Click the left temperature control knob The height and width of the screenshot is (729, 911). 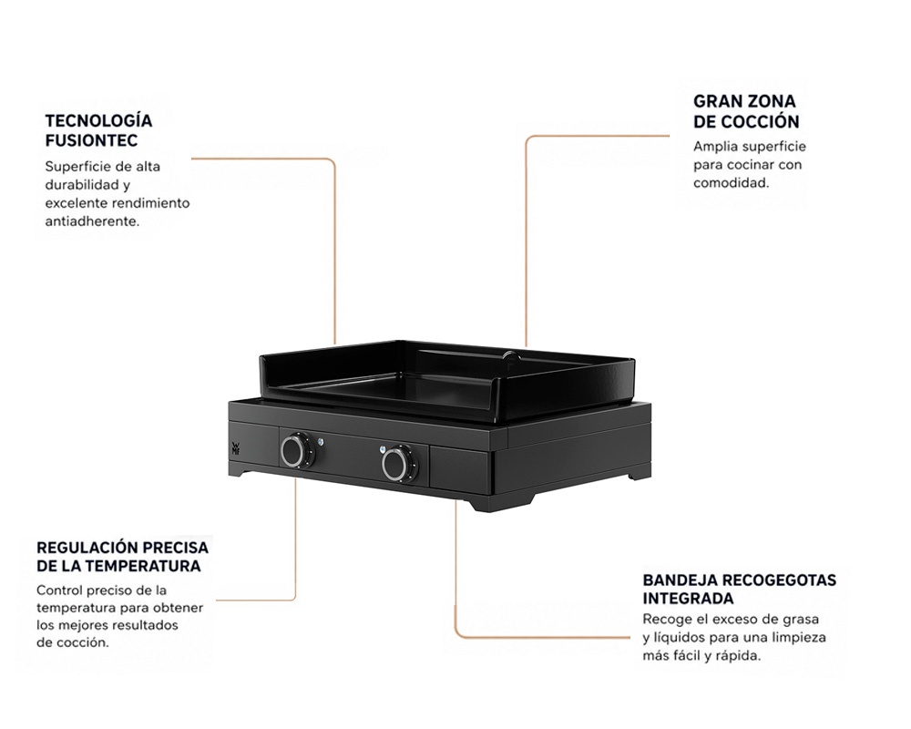[298, 449]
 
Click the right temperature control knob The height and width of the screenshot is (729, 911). [400, 463]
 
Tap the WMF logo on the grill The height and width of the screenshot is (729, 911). [235, 447]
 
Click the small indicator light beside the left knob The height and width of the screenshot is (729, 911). [321, 442]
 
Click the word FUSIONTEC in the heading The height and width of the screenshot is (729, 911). [91, 140]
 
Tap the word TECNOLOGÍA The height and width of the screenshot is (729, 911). [98, 121]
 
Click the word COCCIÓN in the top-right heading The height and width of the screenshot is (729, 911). [761, 121]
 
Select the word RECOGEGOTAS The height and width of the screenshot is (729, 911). [777, 580]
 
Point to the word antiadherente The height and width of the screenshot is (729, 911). [92, 221]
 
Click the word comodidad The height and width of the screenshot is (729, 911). [731, 183]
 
